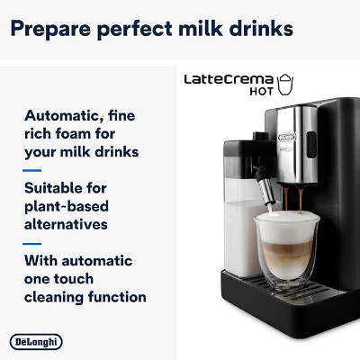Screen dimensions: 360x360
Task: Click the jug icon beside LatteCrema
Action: pyautogui.click(x=287, y=84)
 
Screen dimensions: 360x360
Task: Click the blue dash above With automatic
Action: pyautogui.click(x=31, y=243)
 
